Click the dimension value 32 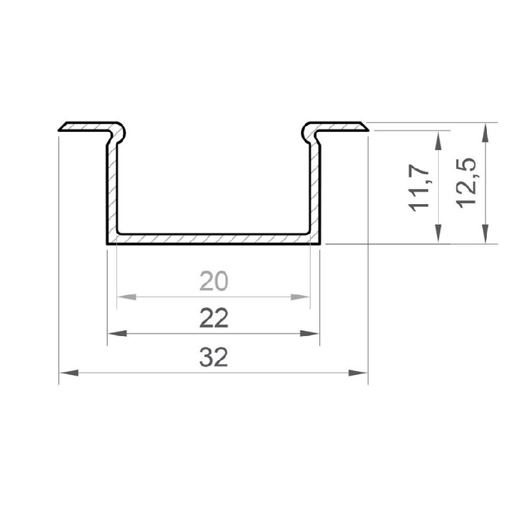point(214,357)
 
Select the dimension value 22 point(214,318)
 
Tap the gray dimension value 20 point(214,281)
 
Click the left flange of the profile point(88,126)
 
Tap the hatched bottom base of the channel point(213,239)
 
